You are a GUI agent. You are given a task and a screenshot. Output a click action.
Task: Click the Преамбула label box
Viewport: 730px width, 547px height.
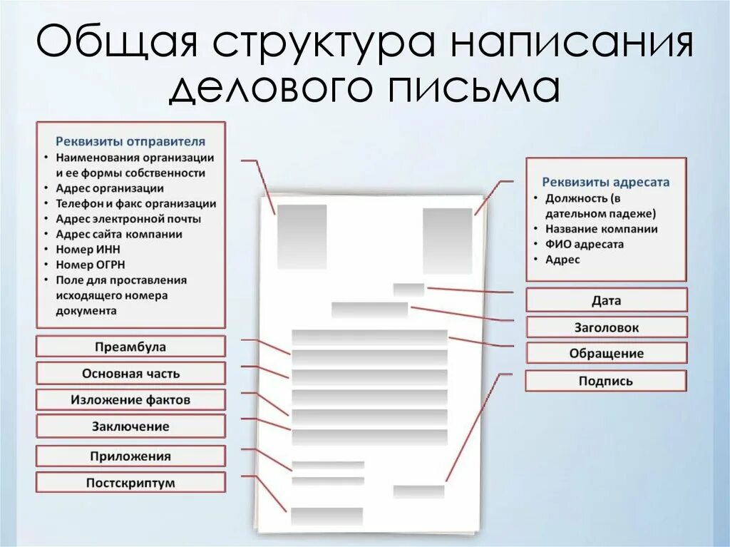point(130,347)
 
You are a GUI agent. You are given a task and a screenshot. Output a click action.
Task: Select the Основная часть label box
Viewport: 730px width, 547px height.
point(130,373)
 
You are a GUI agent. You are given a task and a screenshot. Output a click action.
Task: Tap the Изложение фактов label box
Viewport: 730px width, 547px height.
point(130,399)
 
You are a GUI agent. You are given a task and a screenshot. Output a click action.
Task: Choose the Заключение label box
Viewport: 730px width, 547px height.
point(130,426)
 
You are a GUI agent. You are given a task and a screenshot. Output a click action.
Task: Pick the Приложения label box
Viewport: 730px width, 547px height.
point(130,456)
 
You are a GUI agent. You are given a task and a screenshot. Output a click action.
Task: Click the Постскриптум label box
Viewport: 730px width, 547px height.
point(130,483)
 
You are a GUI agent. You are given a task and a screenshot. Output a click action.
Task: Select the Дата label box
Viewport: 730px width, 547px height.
point(606,300)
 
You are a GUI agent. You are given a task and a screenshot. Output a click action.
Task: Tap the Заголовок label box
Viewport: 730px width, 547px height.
point(606,327)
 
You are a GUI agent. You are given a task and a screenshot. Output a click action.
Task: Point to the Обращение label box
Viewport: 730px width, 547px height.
point(606,353)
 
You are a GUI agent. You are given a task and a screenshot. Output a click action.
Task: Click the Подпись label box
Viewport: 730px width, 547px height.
point(606,381)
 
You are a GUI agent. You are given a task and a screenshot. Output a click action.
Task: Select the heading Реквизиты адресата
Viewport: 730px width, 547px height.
point(606,182)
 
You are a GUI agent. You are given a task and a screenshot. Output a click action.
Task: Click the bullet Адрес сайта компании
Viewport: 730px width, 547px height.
point(119,234)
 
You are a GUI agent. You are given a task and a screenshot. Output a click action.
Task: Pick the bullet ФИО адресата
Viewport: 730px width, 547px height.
point(585,244)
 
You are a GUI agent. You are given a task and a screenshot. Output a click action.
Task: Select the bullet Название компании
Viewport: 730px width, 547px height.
point(601,229)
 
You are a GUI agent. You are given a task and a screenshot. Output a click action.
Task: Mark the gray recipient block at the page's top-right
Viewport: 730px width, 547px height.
point(448,240)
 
